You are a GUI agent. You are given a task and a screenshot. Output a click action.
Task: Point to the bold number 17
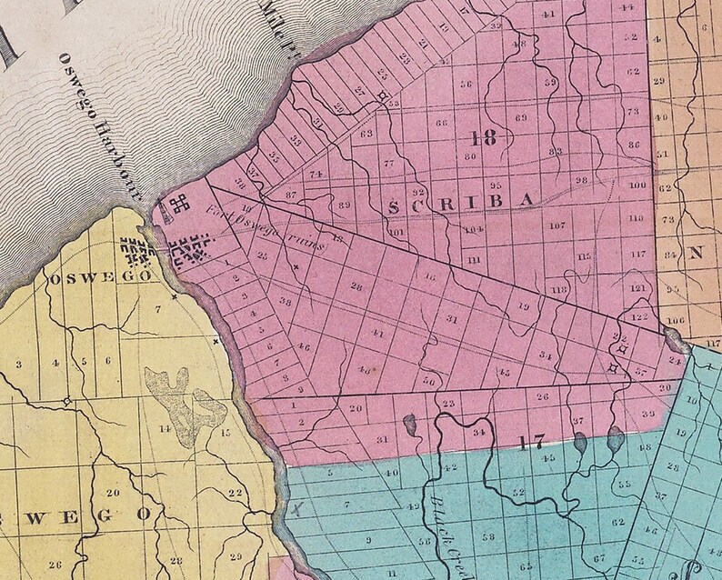(x=532, y=443)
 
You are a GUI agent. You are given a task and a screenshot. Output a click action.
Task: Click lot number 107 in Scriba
(x=557, y=225)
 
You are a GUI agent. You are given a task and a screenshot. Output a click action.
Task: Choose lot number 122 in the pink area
(x=638, y=317)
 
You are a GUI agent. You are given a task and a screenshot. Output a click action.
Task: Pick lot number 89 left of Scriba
(x=344, y=205)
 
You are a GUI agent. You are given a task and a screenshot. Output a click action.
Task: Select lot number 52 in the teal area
(x=517, y=492)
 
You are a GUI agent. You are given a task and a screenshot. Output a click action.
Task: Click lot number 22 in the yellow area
(x=235, y=494)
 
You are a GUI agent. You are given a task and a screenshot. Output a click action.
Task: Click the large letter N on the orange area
(x=697, y=255)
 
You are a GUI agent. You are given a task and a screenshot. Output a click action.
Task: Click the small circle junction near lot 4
(x=66, y=400)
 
